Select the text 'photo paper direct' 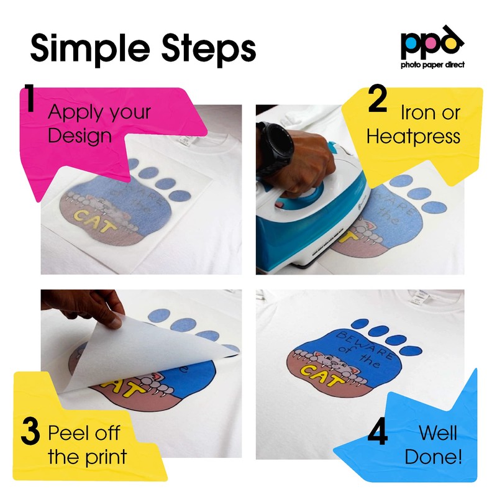[x=432, y=65]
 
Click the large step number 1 [x=30, y=99]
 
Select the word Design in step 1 [x=79, y=136]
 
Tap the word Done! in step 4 [x=433, y=458]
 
